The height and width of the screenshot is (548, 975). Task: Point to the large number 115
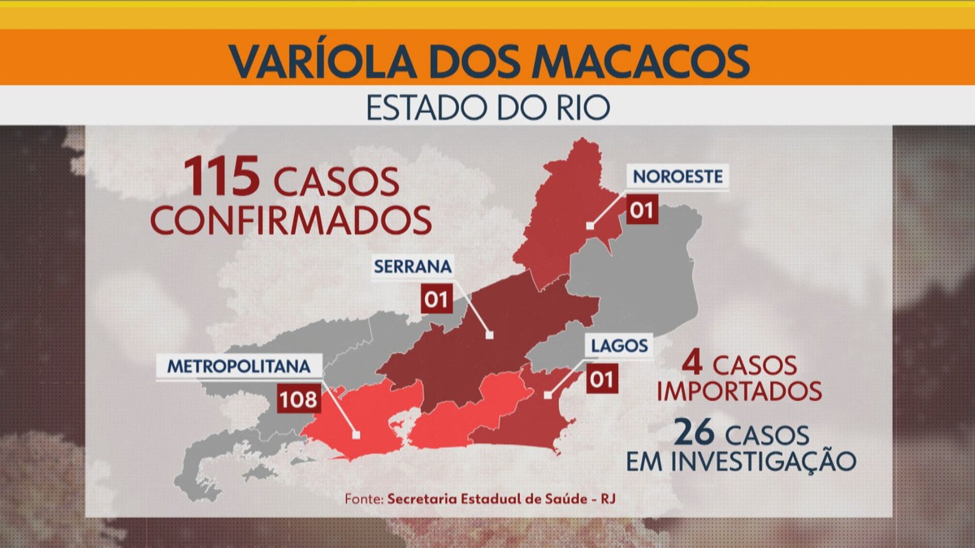[x=221, y=177]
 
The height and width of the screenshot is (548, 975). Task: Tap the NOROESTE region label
[x=677, y=176]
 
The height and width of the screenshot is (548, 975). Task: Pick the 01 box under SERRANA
[x=436, y=300]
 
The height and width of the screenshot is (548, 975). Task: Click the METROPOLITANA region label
[x=239, y=366]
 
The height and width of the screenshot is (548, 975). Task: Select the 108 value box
[x=297, y=399]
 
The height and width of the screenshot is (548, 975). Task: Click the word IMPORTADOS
[x=739, y=391]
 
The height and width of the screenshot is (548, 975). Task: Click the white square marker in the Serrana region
[x=489, y=334]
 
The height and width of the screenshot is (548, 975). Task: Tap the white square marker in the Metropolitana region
[x=356, y=435]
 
